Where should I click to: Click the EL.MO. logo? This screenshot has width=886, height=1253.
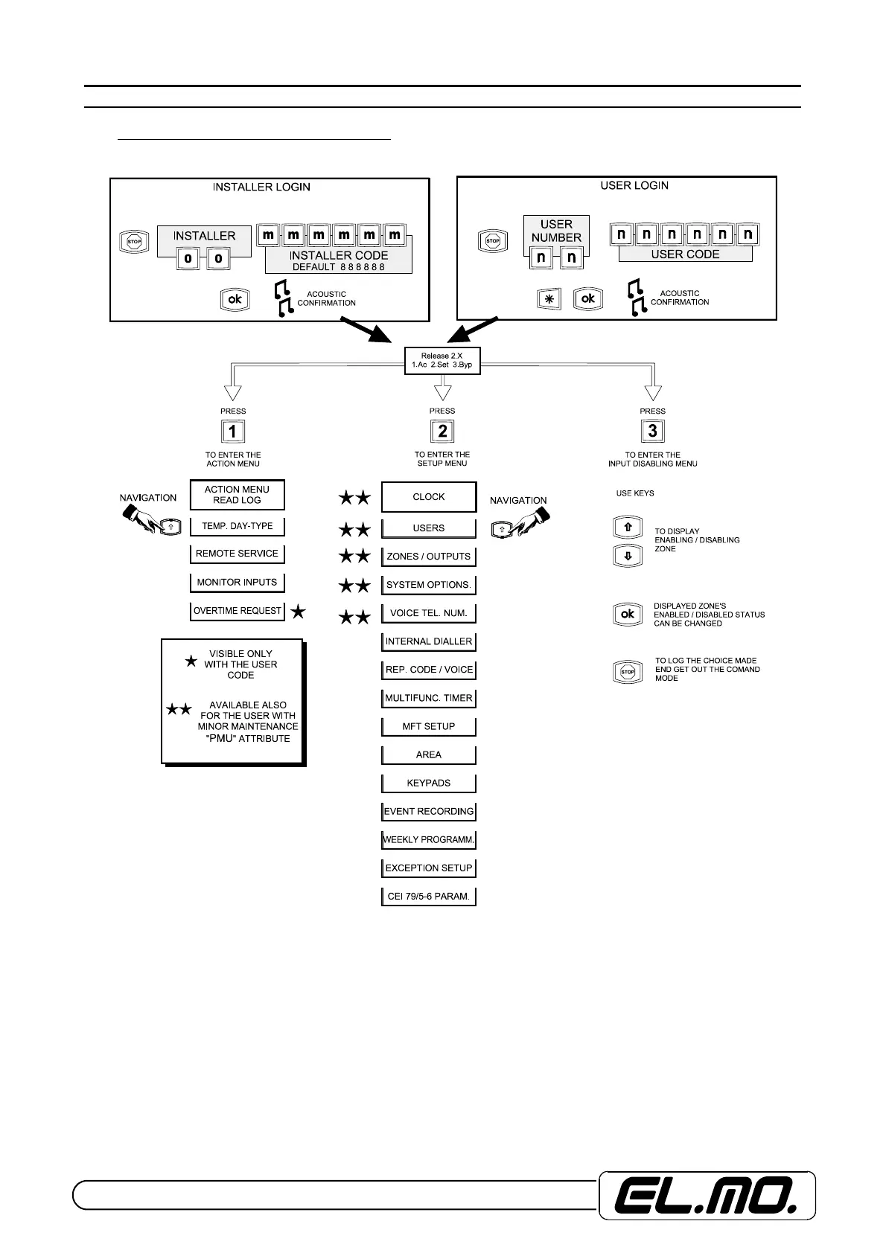click(x=707, y=1195)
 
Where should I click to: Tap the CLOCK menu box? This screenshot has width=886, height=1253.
click(x=429, y=497)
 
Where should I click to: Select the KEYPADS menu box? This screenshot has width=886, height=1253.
click(x=429, y=783)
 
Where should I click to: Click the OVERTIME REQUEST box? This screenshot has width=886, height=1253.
click(x=238, y=611)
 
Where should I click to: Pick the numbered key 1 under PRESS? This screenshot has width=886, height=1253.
click(x=233, y=432)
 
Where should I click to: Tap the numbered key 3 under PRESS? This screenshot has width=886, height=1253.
click(x=653, y=431)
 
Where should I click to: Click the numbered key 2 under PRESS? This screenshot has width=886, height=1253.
click(x=443, y=431)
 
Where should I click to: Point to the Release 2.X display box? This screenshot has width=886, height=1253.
click(x=442, y=361)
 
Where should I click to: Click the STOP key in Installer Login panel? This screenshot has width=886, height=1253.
click(x=134, y=242)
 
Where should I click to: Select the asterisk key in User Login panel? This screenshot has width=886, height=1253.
click(x=549, y=299)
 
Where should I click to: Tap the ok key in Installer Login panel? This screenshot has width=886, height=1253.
click(x=235, y=299)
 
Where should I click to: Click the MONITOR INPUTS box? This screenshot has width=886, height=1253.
click(x=237, y=583)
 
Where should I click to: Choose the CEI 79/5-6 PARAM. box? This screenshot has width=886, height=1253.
click(x=429, y=897)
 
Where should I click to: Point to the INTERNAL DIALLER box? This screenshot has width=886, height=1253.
click(x=429, y=641)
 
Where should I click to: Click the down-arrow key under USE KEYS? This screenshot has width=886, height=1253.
click(x=628, y=556)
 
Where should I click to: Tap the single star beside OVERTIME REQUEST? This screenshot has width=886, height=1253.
click(x=298, y=612)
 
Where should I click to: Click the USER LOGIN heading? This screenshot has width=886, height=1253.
click(x=634, y=185)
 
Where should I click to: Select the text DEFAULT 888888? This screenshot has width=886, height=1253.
click(x=339, y=267)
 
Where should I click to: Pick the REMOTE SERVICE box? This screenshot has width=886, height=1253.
click(x=237, y=554)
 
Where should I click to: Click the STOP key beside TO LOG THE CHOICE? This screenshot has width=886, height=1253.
click(x=628, y=672)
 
